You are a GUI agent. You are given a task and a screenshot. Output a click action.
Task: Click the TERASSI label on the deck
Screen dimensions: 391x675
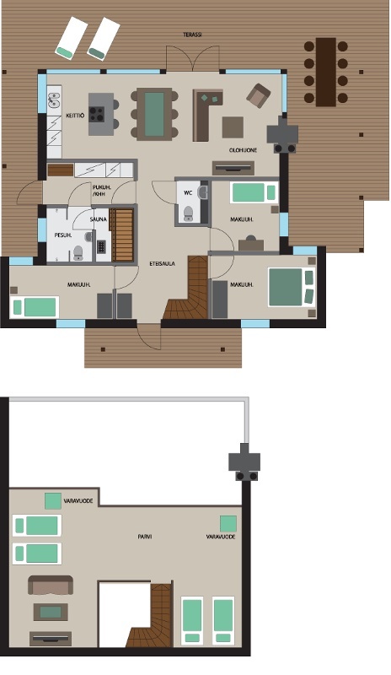192,35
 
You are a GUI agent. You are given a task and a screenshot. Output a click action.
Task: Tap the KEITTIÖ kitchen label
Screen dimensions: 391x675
75,116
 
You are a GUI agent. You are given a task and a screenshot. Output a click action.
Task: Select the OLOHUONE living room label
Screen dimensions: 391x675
243,150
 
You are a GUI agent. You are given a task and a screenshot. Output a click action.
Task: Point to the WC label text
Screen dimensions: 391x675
188,193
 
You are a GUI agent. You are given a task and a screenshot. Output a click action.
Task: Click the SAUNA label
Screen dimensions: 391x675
99,219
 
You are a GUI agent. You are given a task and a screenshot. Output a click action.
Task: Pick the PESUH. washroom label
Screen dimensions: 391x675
63,235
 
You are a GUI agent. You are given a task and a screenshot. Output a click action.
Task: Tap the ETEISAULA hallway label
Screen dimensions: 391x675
162,263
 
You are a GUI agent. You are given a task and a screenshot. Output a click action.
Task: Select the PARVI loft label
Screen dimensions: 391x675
145,537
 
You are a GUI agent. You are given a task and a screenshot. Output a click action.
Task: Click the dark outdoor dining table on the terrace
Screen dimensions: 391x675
325,72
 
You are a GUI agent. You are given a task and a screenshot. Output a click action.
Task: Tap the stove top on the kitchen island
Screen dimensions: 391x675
97,114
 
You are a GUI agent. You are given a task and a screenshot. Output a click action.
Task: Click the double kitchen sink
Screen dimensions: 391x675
54,101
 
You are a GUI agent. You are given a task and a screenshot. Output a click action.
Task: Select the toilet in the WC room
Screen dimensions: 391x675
188,213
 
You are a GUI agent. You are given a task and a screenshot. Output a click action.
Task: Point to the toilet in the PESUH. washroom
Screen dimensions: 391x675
78,253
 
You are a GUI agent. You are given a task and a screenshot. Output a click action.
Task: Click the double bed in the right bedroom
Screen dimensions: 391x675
292,287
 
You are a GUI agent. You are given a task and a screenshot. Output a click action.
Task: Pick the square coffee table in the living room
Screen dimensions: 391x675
233,127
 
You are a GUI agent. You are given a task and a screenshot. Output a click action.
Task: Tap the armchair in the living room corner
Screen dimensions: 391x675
258,95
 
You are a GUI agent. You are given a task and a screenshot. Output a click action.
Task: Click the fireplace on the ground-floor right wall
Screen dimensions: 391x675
282,135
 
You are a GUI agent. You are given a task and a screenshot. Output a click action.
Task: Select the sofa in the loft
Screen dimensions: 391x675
51,586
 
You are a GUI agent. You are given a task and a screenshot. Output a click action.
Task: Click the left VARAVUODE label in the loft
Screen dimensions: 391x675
78,501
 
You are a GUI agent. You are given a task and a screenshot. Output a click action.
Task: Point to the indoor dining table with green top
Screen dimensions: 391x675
154,114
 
